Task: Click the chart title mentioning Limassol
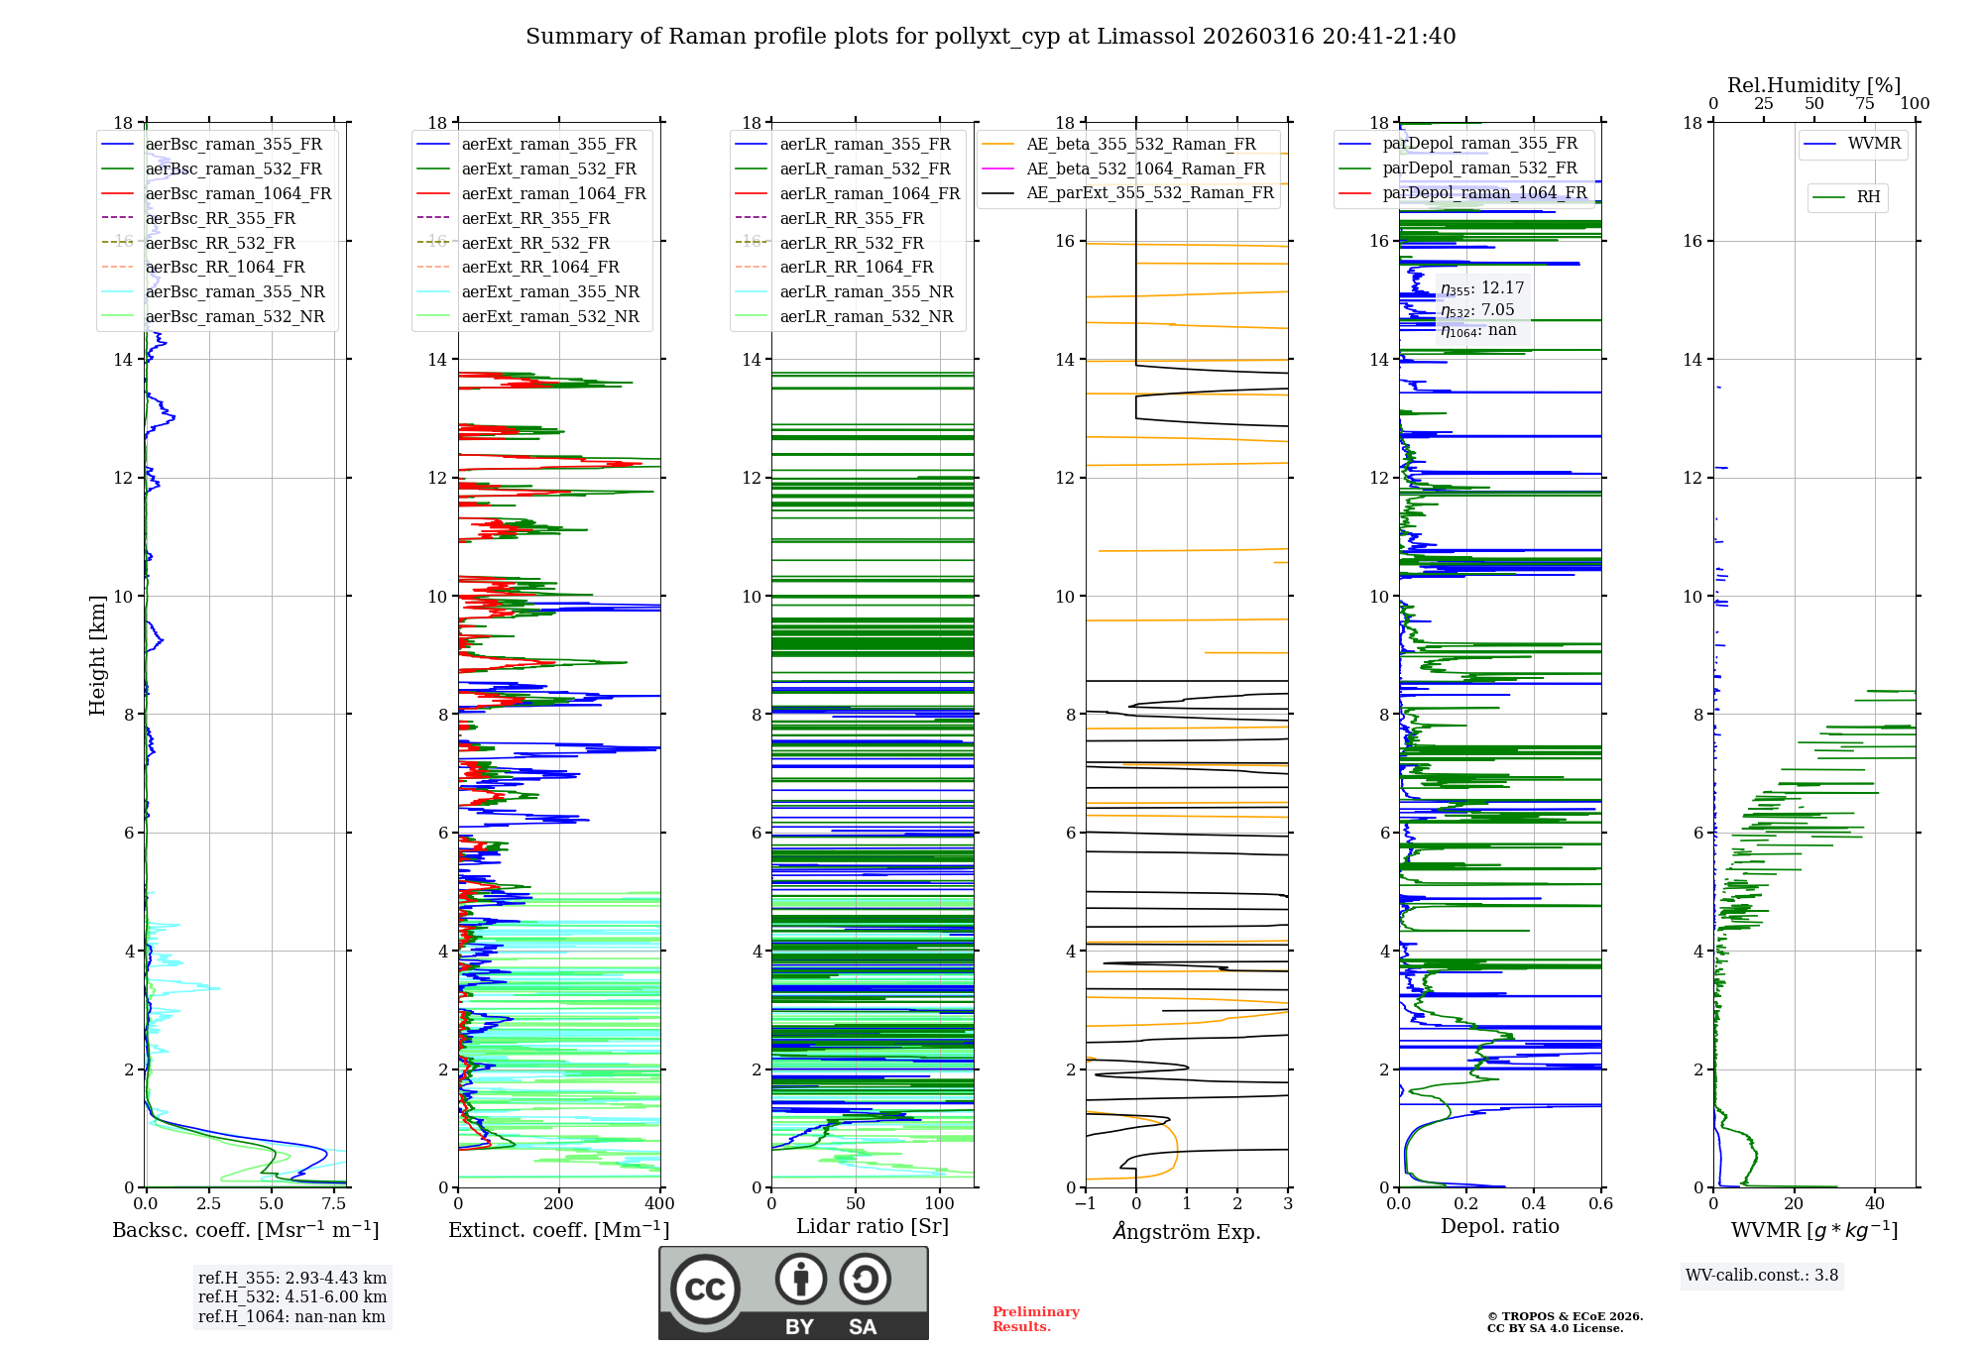tap(990, 37)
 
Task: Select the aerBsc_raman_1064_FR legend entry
tap(238, 194)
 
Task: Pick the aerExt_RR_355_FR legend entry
tap(535, 219)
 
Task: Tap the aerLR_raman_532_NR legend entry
tap(866, 317)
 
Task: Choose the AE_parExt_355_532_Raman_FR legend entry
tap(1149, 193)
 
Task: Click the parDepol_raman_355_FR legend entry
tap(1479, 144)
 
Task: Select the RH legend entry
tap(1868, 197)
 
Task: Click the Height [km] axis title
tap(97, 654)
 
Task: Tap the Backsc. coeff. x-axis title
tap(245, 1230)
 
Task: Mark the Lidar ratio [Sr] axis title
tap(872, 1226)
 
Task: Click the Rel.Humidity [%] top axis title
tap(1813, 85)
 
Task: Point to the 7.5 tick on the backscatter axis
tap(334, 1204)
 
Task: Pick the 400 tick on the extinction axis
tap(659, 1204)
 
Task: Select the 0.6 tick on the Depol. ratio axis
tap(1600, 1204)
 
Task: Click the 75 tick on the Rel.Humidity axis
tap(1864, 104)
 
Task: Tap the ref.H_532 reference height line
tap(292, 1297)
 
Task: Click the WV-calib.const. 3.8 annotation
tap(1761, 1276)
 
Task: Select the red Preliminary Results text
tap(1035, 1319)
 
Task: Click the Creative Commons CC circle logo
tap(705, 1289)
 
